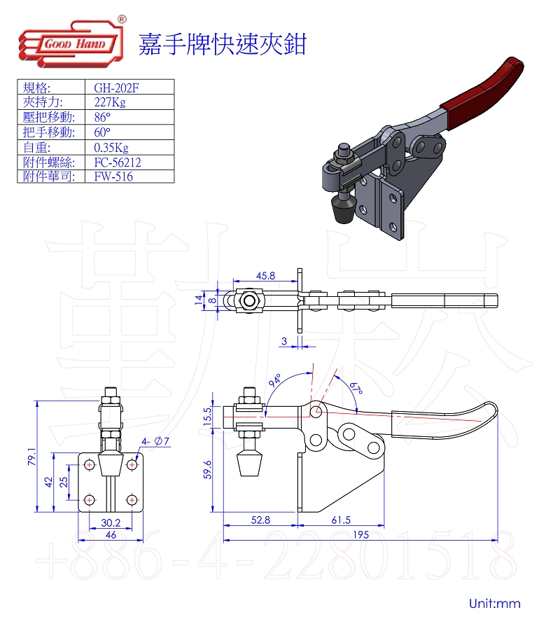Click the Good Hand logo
(72, 42)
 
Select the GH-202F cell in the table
(116, 88)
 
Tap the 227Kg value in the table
(110, 102)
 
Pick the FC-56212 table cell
(118, 162)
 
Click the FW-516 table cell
(113, 176)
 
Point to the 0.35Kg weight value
(111, 148)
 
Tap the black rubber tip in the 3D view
(344, 209)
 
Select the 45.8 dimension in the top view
(266, 275)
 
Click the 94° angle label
(275, 380)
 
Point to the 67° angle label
(356, 387)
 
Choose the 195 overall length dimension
(360, 534)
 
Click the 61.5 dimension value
(341, 520)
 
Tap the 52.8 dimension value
(260, 520)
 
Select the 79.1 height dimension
(31, 457)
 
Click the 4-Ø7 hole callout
(155, 441)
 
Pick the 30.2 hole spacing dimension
(111, 522)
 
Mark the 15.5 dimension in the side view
(206, 416)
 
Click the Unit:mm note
(494, 603)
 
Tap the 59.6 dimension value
(207, 470)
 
